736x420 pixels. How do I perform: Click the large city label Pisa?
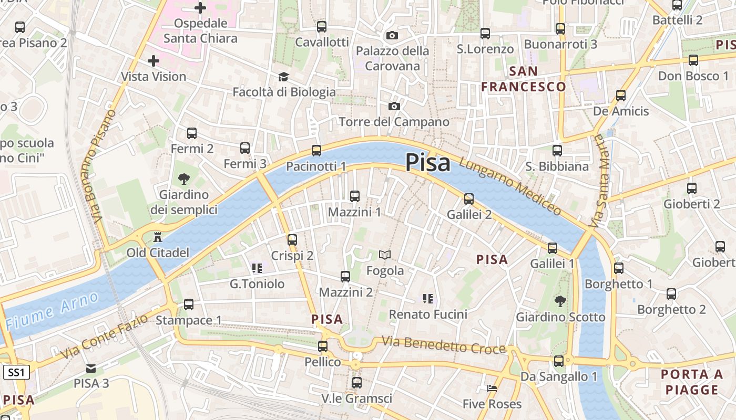click(427, 163)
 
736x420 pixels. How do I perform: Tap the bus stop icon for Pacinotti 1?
click(316, 151)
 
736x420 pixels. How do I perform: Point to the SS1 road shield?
click(16, 373)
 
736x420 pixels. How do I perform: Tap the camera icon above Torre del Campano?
click(394, 107)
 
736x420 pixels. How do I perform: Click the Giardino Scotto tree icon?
click(560, 301)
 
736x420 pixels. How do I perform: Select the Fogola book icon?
click(385, 255)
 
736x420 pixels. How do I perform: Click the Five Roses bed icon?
click(492, 388)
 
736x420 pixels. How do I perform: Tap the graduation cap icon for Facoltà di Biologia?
click(284, 77)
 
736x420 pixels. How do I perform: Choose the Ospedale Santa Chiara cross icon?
click(200, 8)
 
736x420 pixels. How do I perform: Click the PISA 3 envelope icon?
click(91, 368)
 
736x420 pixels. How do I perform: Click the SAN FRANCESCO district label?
click(524, 79)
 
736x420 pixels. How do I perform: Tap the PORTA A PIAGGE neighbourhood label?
click(692, 382)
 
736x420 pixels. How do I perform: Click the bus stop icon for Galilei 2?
click(469, 199)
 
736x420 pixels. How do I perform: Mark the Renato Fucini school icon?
click(428, 299)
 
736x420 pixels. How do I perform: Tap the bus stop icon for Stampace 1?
click(189, 304)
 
